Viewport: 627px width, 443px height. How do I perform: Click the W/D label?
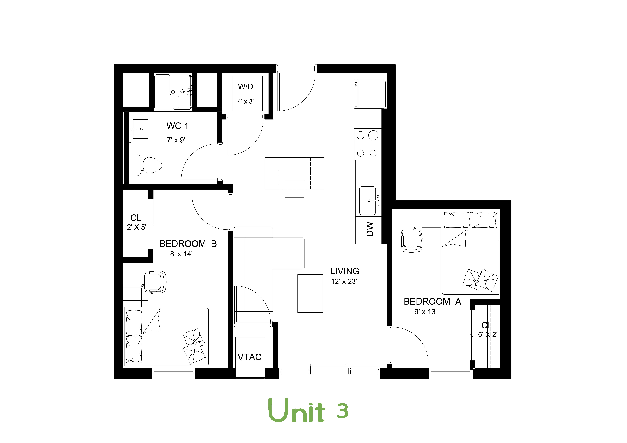pyautogui.click(x=246, y=87)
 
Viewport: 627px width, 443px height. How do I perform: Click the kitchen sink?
pyautogui.click(x=369, y=200)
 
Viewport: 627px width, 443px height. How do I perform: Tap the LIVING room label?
pyautogui.click(x=345, y=271)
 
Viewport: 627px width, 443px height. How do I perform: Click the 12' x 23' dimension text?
pyautogui.click(x=344, y=282)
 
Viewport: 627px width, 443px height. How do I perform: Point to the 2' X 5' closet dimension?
pyautogui.click(x=137, y=227)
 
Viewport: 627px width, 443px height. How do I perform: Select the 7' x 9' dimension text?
pyautogui.click(x=176, y=140)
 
